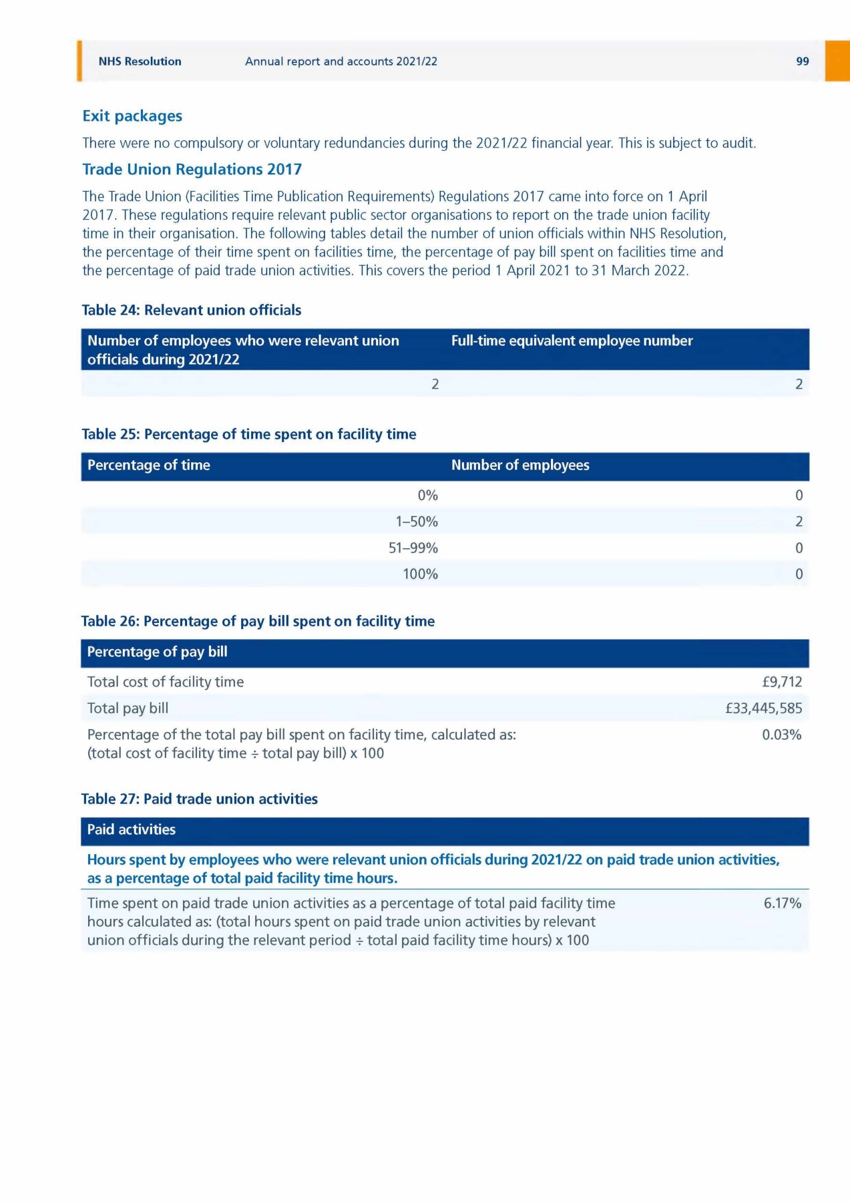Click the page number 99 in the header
802,61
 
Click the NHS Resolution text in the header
140,61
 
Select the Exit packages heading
132,116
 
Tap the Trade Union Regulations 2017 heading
192,170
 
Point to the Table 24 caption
191,310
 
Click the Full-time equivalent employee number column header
572,341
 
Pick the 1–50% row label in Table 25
417,522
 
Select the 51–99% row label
413,548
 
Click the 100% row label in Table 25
420,574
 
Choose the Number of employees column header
520,465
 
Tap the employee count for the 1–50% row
799,522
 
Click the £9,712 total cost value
782,682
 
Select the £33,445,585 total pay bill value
764,709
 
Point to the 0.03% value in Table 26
781,735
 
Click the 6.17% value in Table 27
782,904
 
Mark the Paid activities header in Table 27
132,830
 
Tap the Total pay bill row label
128,709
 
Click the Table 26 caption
258,622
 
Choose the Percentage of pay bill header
157,652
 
